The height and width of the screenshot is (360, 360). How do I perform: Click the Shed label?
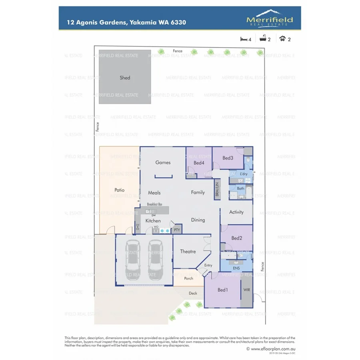click(125, 78)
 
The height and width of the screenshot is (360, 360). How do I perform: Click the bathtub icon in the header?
click(264, 39)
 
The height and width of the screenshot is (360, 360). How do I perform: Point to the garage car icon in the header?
click(283, 39)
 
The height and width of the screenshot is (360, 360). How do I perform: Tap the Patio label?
click(120, 190)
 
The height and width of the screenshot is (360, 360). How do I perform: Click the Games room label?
click(163, 162)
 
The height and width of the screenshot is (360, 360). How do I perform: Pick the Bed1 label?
click(222, 290)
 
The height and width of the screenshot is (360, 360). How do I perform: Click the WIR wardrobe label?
click(246, 290)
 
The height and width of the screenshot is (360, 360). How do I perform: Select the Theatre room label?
click(188, 252)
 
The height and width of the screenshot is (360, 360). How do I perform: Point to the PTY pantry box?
click(176, 230)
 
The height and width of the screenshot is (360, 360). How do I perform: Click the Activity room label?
click(236, 212)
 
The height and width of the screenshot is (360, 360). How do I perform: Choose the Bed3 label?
click(228, 158)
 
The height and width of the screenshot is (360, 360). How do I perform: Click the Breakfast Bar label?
click(154, 204)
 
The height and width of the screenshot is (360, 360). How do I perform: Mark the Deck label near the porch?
click(193, 293)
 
